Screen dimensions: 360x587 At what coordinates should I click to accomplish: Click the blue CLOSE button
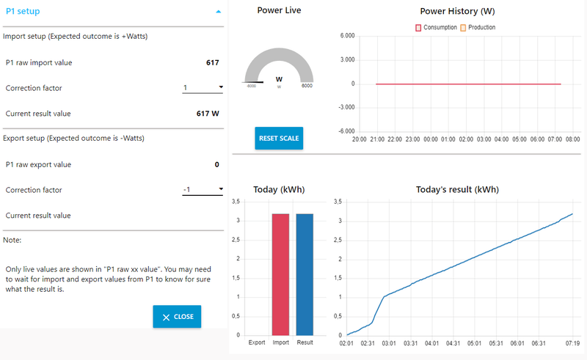click(177, 317)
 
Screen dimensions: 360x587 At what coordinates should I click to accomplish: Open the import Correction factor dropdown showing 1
click(203, 88)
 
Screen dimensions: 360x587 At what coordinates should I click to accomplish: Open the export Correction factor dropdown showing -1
click(203, 190)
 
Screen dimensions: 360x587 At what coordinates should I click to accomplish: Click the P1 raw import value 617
click(212, 62)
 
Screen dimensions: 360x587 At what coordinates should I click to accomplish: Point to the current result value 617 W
click(208, 114)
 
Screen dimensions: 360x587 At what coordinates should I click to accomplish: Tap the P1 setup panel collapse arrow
click(218, 12)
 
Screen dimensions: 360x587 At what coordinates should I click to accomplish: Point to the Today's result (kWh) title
click(456, 189)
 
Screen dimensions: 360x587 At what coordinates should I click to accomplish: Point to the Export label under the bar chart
click(257, 342)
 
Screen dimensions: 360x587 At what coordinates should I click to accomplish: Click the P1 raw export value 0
click(216, 164)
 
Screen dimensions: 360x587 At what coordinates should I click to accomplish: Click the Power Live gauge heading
click(279, 10)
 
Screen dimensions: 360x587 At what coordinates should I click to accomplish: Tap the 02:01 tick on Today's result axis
click(347, 342)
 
